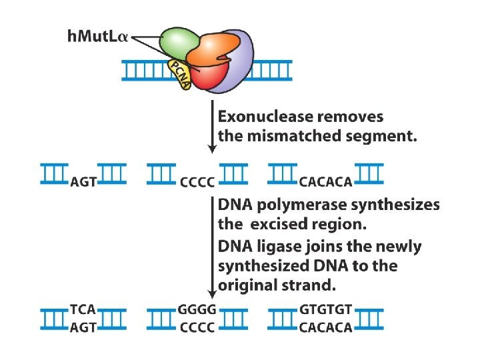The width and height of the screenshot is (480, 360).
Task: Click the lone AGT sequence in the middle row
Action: [83, 180]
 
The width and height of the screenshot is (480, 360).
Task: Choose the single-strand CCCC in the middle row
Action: [197, 180]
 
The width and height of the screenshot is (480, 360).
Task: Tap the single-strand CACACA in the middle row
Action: [325, 180]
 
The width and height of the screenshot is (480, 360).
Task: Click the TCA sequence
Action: [83, 310]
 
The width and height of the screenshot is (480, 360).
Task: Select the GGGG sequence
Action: [197, 310]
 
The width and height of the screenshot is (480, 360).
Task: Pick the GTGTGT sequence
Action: [326, 310]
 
